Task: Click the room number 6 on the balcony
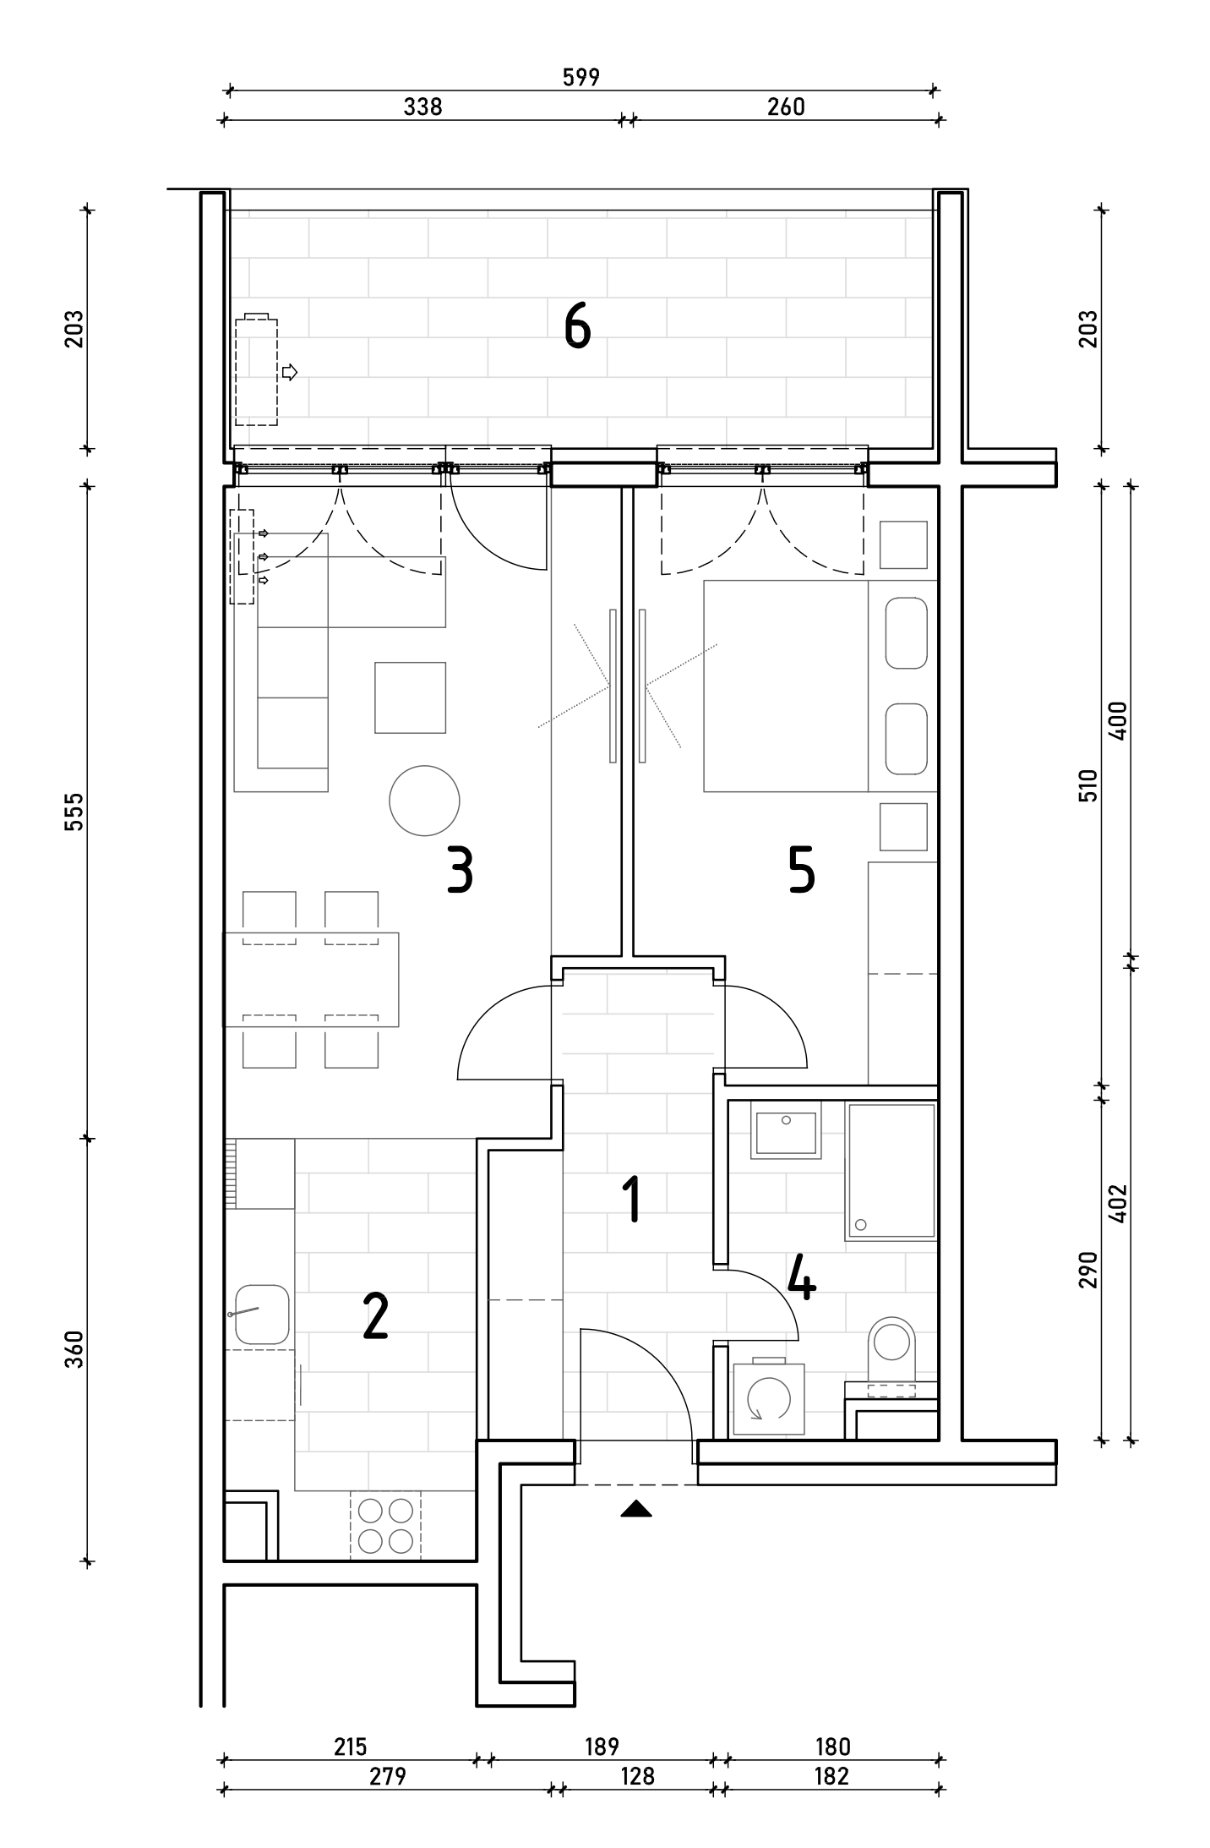[x=577, y=327]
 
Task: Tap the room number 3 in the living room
[x=460, y=872]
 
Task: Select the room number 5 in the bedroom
[x=801, y=872]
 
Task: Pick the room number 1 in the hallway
[x=631, y=1201]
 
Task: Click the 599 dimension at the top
[x=580, y=77]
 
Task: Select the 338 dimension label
[x=422, y=107]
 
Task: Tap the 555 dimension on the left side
[x=75, y=812]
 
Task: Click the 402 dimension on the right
[x=1119, y=1203]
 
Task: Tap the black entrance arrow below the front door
[x=635, y=1509]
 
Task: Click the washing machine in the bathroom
[x=768, y=1399]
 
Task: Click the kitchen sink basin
[x=262, y=1315]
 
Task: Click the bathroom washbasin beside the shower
[x=786, y=1129]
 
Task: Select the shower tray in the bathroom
[x=891, y=1171]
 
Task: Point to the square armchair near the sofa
[x=411, y=697]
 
